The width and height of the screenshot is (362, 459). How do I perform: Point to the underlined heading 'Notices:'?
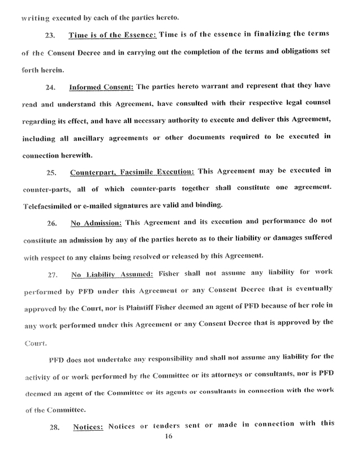[x=88, y=424]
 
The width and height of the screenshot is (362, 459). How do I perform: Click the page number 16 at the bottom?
[x=168, y=436]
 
